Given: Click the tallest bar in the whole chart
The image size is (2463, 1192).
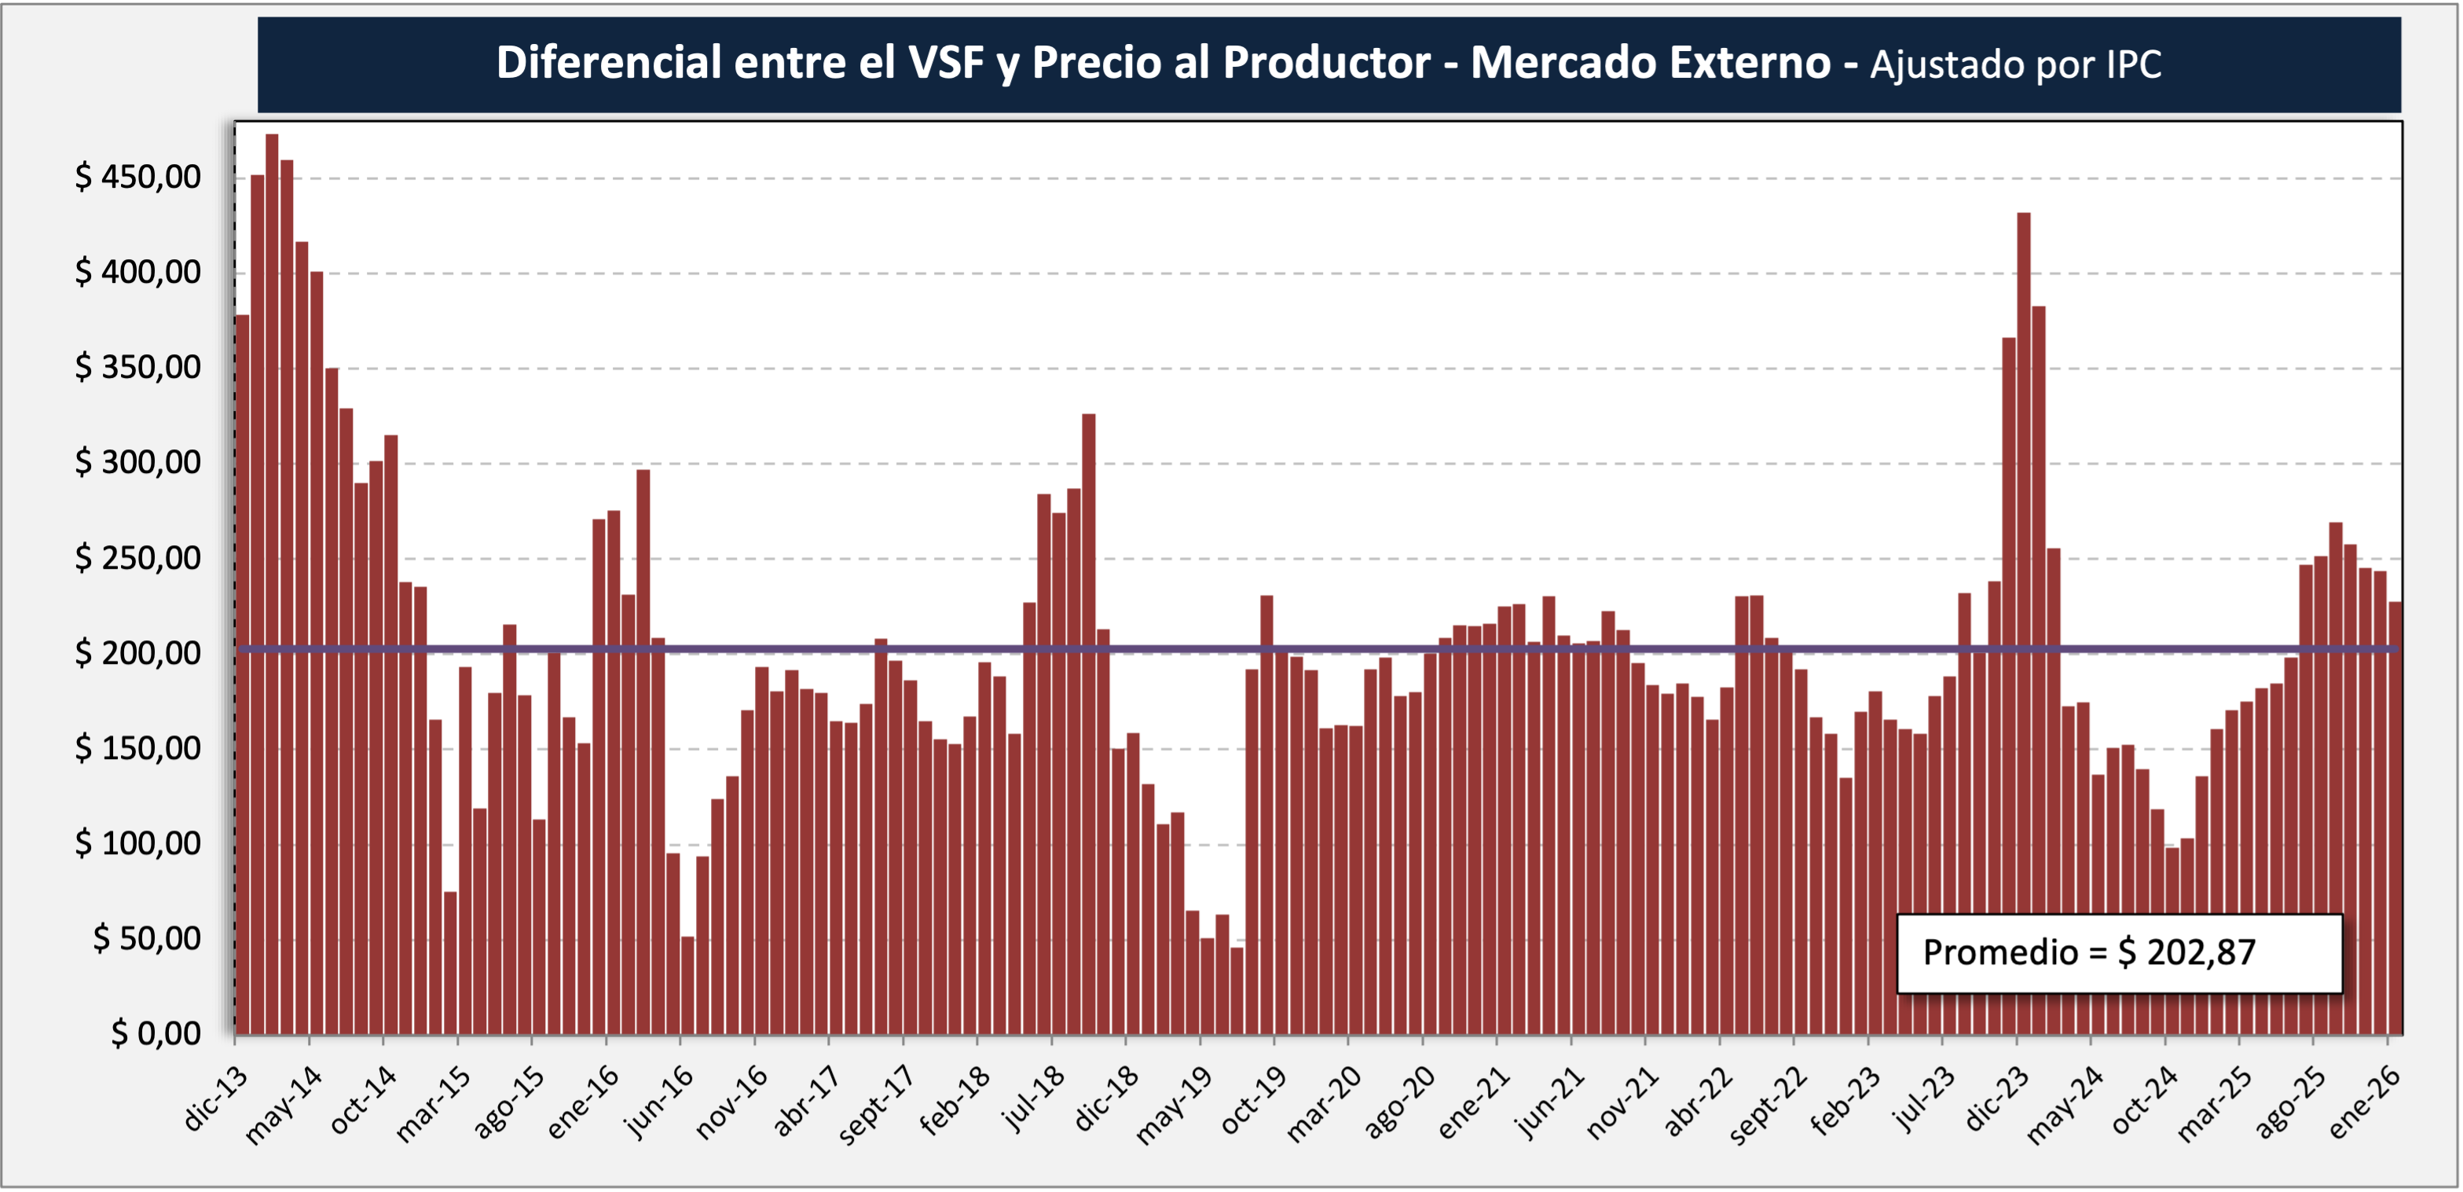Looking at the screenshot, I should [x=272, y=583].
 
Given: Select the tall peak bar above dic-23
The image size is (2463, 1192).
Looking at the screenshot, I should [x=2023, y=622].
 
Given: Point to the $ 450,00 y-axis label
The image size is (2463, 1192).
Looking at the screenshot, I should [x=137, y=177].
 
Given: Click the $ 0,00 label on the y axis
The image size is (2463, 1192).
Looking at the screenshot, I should [x=155, y=1033].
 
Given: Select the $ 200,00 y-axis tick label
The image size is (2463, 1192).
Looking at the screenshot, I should [x=137, y=653].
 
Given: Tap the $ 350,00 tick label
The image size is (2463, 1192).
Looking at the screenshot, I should [x=137, y=367].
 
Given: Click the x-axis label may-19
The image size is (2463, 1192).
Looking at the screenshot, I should [x=1173, y=1105].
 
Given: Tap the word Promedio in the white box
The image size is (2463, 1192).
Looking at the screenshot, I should [x=2000, y=952].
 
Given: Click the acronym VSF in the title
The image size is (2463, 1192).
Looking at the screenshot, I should [x=946, y=63].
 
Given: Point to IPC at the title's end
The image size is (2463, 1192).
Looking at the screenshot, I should [x=2133, y=65].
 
